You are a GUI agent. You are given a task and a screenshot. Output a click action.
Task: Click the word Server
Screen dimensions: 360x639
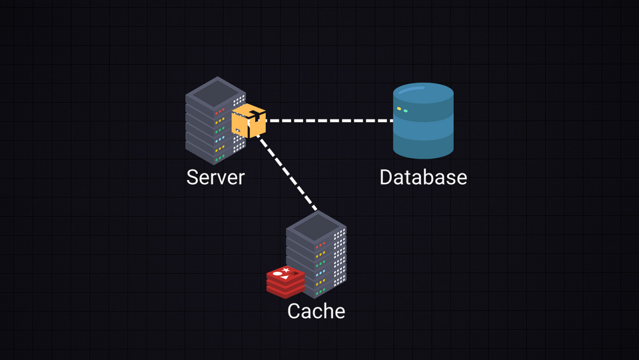pos(215,177)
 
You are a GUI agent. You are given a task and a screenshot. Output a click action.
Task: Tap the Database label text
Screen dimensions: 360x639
pos(423,177)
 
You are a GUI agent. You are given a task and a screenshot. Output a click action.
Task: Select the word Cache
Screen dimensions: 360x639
pos(316,311)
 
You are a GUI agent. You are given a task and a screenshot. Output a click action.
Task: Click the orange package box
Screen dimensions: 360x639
pos(248,121)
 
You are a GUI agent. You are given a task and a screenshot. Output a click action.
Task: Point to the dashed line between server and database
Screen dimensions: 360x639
pos(329,121)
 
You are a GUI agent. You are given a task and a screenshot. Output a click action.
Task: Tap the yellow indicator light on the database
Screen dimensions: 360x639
pos(399,109)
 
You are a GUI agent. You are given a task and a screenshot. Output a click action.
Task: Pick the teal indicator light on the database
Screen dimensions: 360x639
pos(405,111)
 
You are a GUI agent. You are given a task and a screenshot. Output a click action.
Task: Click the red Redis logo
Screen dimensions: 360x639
pos(285,281)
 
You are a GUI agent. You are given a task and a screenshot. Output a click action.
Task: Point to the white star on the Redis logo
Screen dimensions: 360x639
pos(286,270)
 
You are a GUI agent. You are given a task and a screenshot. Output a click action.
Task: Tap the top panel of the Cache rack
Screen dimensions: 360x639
pos(316,225)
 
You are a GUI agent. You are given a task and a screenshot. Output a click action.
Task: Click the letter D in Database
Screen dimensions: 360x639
pos(386,177)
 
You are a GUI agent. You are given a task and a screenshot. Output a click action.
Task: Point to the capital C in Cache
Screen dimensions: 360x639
pos(294,311)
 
